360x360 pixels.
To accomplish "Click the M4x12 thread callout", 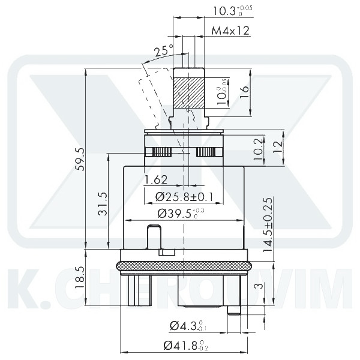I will (x=231, y=31).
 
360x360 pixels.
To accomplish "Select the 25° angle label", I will (x=163, y=52).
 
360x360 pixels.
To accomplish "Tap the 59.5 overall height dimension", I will (x=80, y=159).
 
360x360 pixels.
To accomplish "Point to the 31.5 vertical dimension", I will (x=102, y=204).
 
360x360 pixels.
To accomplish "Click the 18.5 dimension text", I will (x=80, y=278).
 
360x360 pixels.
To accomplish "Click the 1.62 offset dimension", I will (x=155, y=179).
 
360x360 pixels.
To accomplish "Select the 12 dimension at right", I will (x=277, y=147).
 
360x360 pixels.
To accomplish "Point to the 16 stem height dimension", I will (x=244, y=92).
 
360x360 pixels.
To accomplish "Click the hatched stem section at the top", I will (x=189, y=92).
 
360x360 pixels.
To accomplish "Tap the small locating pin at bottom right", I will (x=233, y=310).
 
